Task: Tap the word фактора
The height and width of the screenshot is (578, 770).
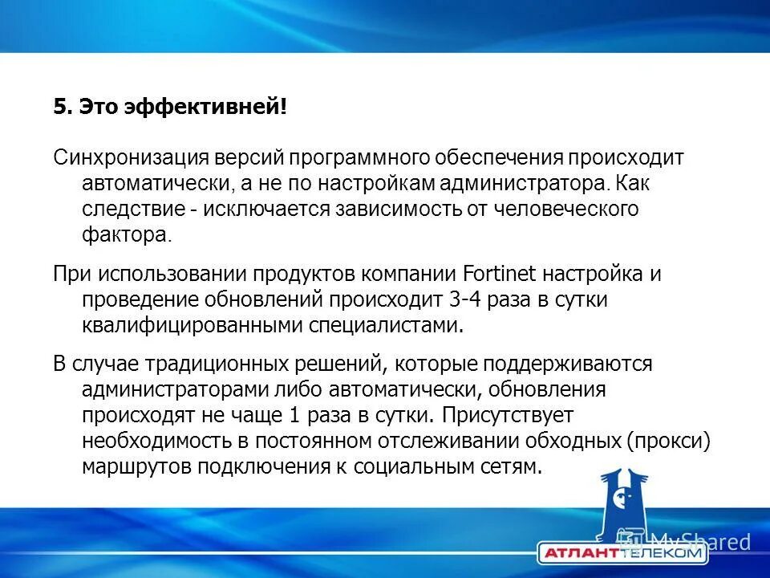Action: point(126,236)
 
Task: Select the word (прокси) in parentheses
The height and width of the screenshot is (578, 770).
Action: point(670,442)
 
